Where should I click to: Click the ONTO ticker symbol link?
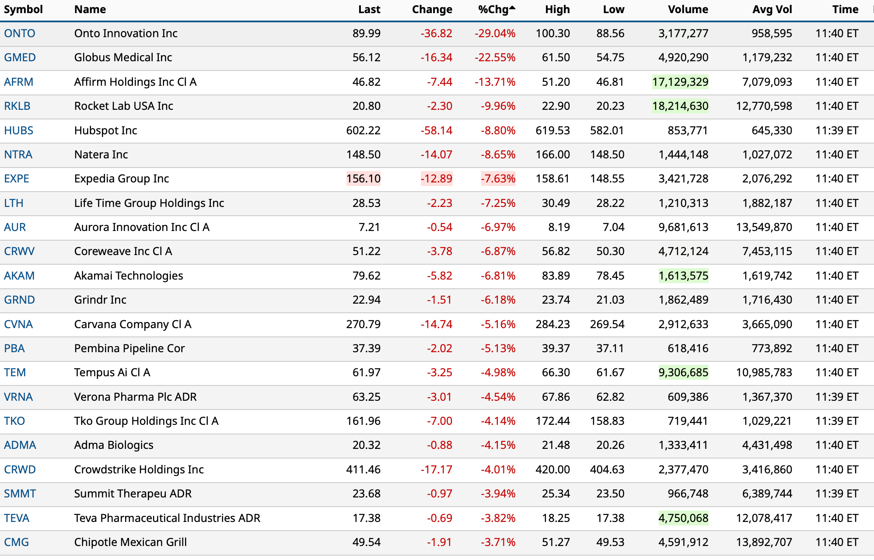click(20, 34)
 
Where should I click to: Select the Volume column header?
click(688, 10)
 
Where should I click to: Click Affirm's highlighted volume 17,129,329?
click(680, 82)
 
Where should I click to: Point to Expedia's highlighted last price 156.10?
click(363, 179)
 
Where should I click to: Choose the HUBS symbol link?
click(19, 131)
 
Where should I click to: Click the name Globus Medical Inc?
click(123, 58)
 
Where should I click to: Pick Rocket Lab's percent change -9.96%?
click(498, 106)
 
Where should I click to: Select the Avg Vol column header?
click(772, 10)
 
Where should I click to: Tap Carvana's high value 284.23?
click(552, 325)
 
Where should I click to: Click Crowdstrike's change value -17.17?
click(436, 470)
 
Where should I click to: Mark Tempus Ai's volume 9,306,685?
click(683, 373)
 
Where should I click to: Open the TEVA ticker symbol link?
click(17, 518)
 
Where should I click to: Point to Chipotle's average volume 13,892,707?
click(764, 542)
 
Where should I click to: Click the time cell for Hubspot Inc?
click(836, 131)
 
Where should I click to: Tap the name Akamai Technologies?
click(129, 276)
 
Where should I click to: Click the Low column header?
click(613, 10)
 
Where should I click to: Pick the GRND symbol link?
click(19, 300)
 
